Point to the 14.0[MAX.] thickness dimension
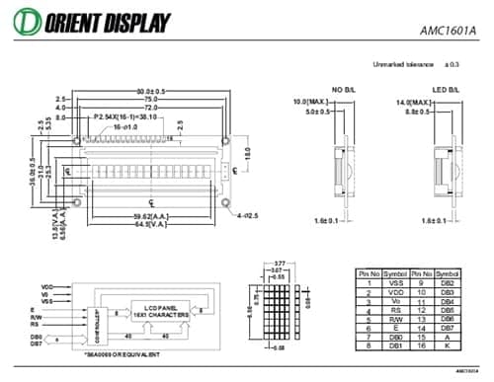click(x=416, y=103)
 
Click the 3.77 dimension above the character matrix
click(x=280, y=264)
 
